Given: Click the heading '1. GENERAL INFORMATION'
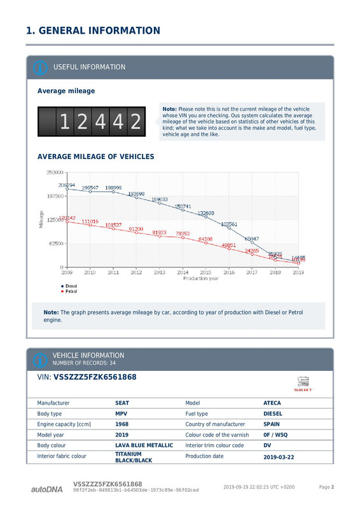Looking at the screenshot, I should [93, 31].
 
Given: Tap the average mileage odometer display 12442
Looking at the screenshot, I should [92, 122].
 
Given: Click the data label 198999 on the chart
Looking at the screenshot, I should [114, 188].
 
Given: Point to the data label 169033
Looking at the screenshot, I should [160, 200].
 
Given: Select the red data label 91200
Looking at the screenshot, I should [136, 229].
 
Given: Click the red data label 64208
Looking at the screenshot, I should [205, 239].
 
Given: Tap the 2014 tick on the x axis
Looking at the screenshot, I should [183, 272].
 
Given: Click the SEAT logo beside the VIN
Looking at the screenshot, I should [303, 384].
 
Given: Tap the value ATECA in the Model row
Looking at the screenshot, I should [272, 403].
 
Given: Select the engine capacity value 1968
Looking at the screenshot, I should [122, 424].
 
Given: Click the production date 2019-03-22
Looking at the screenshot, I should [279, 457].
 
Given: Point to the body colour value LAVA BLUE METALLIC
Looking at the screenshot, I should [144, 445].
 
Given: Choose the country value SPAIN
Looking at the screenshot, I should [272, 424].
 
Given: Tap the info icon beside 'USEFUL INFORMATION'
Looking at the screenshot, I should [39, 67].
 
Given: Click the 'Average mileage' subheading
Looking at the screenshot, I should [66, 91].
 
